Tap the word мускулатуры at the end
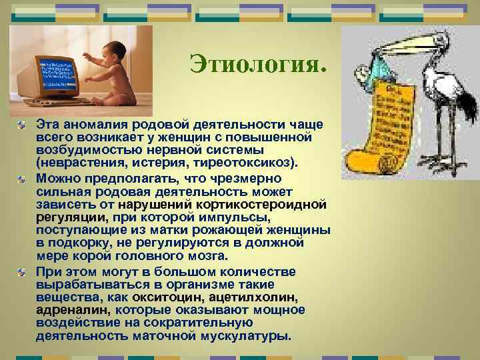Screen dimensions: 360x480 point(246,335)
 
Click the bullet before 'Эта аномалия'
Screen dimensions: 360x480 point(23,124)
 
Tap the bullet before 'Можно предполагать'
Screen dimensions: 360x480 point(23,179)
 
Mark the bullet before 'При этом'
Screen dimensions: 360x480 point(23,272)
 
